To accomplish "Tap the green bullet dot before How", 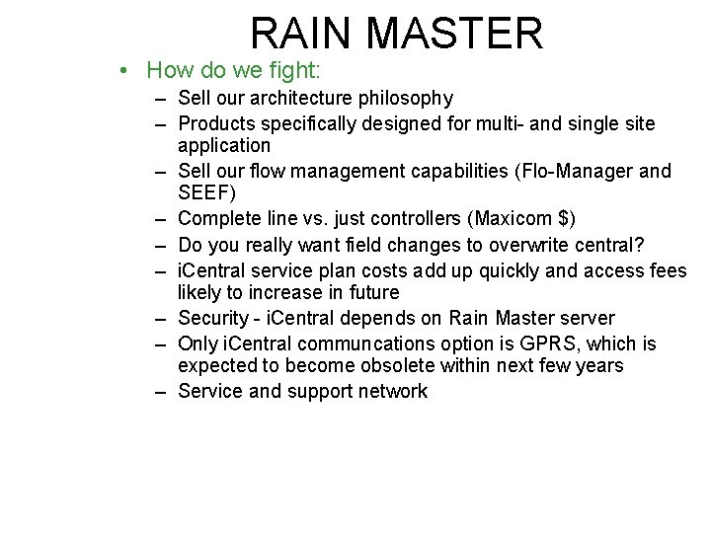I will (x=119, y=71).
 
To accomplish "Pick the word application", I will (x=223, y=146).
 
